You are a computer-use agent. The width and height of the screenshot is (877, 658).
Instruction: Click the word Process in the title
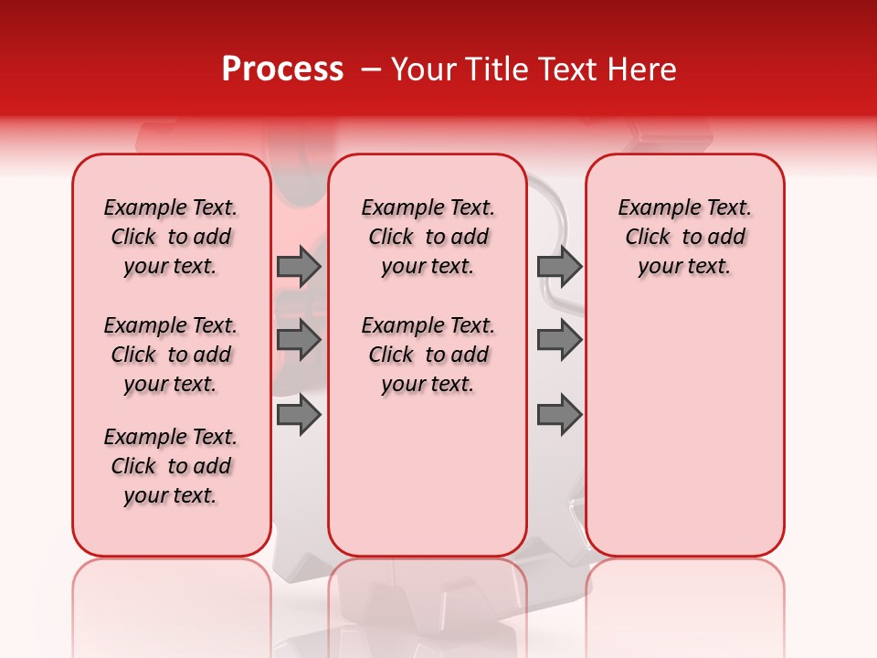(282, 69)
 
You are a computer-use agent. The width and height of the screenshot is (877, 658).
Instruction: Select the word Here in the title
(641, 69)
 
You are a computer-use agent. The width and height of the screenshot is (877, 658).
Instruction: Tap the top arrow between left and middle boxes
(299, 266)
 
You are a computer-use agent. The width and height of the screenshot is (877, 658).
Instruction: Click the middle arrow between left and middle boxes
(299, 340)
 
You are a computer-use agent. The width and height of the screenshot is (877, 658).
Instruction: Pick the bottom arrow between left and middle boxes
(299, 415)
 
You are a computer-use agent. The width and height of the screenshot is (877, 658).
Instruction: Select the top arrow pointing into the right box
(559, 266)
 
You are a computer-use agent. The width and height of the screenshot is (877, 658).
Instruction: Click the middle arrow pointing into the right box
(559, 340)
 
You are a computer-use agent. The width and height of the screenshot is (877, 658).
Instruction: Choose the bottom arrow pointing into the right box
(559, 415)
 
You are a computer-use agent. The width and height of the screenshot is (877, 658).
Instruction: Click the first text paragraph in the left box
(171, 237)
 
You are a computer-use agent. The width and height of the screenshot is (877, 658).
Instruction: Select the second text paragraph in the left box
(171, 355)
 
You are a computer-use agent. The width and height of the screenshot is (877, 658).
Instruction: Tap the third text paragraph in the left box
(171, 466)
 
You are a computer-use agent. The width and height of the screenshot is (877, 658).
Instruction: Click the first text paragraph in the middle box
(428, 237)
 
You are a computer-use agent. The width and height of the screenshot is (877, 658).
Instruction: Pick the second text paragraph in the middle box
(428, 355)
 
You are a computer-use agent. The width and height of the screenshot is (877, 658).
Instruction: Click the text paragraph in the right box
(684, 237)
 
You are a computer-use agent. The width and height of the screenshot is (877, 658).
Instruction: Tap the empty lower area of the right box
(684, 430)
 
